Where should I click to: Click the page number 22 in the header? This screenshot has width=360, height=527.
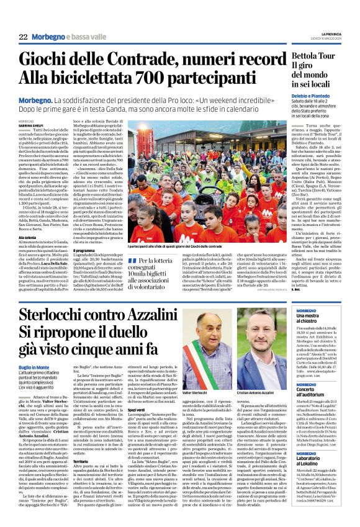23,37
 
